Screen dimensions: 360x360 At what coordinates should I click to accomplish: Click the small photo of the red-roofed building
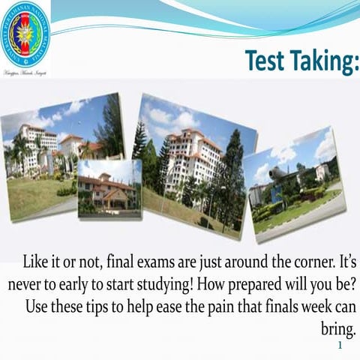[109, 189]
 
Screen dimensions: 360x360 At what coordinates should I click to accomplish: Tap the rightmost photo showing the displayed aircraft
[295, 184]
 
